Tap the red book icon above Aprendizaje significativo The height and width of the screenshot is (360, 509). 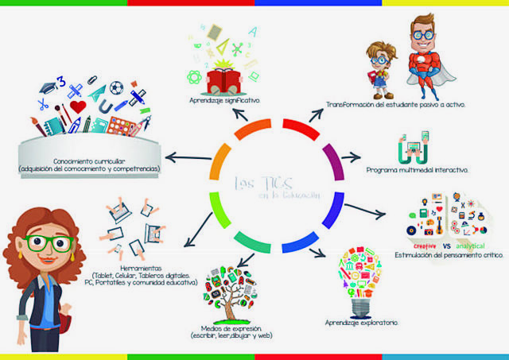point(225,77)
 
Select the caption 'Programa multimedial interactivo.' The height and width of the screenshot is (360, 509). point(417,170)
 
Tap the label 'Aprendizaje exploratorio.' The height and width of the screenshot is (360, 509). point(362,323)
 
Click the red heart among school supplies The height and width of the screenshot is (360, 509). point(77,106)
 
